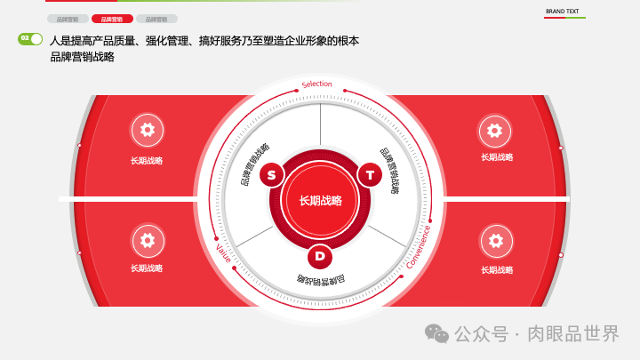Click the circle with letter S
pyautogui.click(x=272, y=174)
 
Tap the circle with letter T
pyautogui.click(x=370, y=174)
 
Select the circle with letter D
pyautogui.click(x=320, y=257)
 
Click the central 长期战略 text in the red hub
pyautogui.click(x=320, y=200)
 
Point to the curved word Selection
pyautogui.click(x=317, y=84)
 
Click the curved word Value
pyautogui.click(x=223, y=253)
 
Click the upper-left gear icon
pyautogui.click(x=147, y=130)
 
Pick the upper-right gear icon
pyautogui.click(x=495, y=130)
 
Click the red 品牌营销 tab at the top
pyautogui.click(x=112, y=19)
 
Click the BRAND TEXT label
pyautogui.click(x=562, y=12)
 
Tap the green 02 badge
pyautogui.click(x=30, y=38)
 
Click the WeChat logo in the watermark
pyautogui.click(x=436, y=333)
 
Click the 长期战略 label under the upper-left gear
pyautogui.click(x=147, y=161)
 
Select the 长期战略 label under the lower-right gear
pyautogui.click(x=497, y=269)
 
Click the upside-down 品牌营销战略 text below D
pyautogui.click(x=320, y=281)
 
